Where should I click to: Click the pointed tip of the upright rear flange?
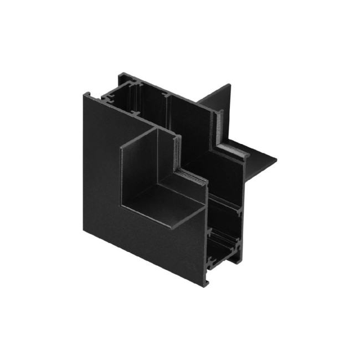(230, 85)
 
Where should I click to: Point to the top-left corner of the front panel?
(84, 93)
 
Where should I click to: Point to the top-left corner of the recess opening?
(121, 148)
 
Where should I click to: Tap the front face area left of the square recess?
(102, 161)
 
